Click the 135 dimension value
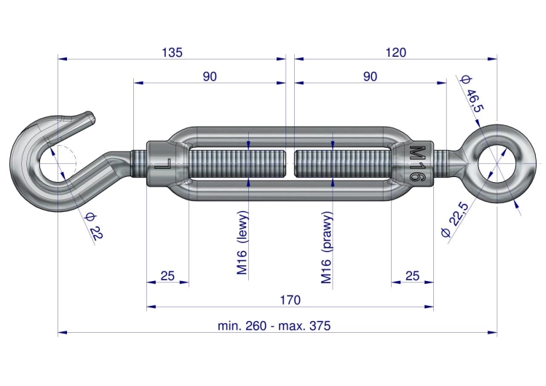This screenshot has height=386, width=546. pyautogui.click(x=172, y=52)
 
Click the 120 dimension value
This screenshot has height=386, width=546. pyautogui.click(x=396, y=52)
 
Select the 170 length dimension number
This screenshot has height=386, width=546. pyautogui.click(x=290, y=300)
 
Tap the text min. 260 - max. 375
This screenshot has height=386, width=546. pyautogui.click(x=274, y=326)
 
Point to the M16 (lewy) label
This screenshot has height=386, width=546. pyautogui.click(x=242, y=243)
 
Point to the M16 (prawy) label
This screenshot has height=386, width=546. pyautogui.click(x=327, y=248)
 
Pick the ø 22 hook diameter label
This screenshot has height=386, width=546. pyautogui.click(x=94, y=226)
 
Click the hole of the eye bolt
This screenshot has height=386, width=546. pyautogui.click(x=496, y=163)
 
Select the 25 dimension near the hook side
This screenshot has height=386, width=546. pyautogui.click(x=167, y=276)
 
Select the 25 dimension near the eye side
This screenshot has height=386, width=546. pyautogui.click(x=412, y=276)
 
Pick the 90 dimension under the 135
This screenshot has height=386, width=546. pyautogui.click(x=210, y=76)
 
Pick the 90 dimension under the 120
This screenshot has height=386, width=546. pyautogui.click(x=370, y=76)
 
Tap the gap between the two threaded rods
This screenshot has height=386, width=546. pyautogui.click(x=290, y=163)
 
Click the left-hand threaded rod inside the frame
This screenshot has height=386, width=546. pyautogui.click(x=238, y=163)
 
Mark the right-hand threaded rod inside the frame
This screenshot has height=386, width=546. pyautogui.click(x=343, y=163)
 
